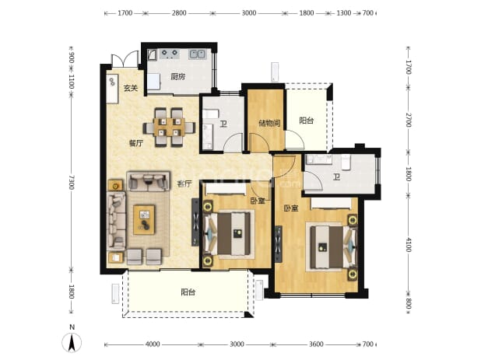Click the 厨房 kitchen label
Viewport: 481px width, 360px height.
pyautogui.click(x=178, y=76)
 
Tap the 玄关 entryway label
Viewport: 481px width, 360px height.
pyautogui.click(x=131, y=88)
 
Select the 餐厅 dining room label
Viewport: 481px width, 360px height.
pyautogui.click(x=136, y=143)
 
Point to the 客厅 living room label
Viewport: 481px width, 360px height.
pyautogui.click(x=184, y=183)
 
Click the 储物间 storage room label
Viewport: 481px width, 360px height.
pyautogui.click(x=269, y=124)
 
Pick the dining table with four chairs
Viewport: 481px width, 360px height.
pyautogui.click(x=169, y=127)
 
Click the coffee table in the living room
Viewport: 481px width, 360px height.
pyautogui.click(x=144, y=220)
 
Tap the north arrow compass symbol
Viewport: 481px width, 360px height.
pyautogui.click(x=72, y=342)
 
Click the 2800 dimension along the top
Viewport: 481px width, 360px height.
pyautogui.click(x=179, y=13)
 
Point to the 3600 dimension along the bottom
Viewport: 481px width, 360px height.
pyautogui.click(x=316, y=344)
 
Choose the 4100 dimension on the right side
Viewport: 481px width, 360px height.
pyautogui.click(x=408, y=244)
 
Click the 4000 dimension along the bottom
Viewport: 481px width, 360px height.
pyautogui.click(x=153, y=344)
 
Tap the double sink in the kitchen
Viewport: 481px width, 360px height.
pyautogui.click(x=197, y=54)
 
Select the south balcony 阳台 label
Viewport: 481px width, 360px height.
pyautogui.click(x=188, y=292)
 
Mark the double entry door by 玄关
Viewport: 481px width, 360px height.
pyautogui.click(x=125, y=59)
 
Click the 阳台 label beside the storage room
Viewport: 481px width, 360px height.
pyautogui.click(x=306, y=121)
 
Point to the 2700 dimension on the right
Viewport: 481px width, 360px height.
pyautogui.click(x=408, y=120)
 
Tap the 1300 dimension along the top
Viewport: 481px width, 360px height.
pyautogui.click(x=344, y=13)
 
